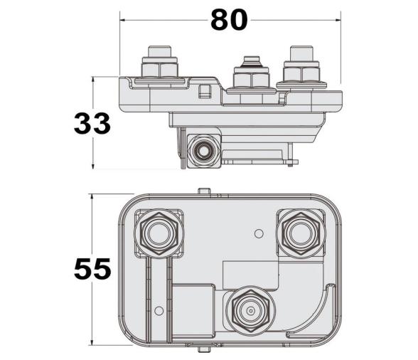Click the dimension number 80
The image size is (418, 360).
pyautogui.click(x=229, y=21)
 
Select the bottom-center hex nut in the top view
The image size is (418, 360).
pyautogui.click(x=249, y=310)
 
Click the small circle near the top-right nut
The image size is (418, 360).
pyautogui.click(x=260, y=233)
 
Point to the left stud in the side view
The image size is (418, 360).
pyautogui.click(x=160, y=64)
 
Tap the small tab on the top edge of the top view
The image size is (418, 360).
pyautogui.click(x=204, y=191)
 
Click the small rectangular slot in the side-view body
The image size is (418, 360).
pyautogui.click(x=205, y=90)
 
